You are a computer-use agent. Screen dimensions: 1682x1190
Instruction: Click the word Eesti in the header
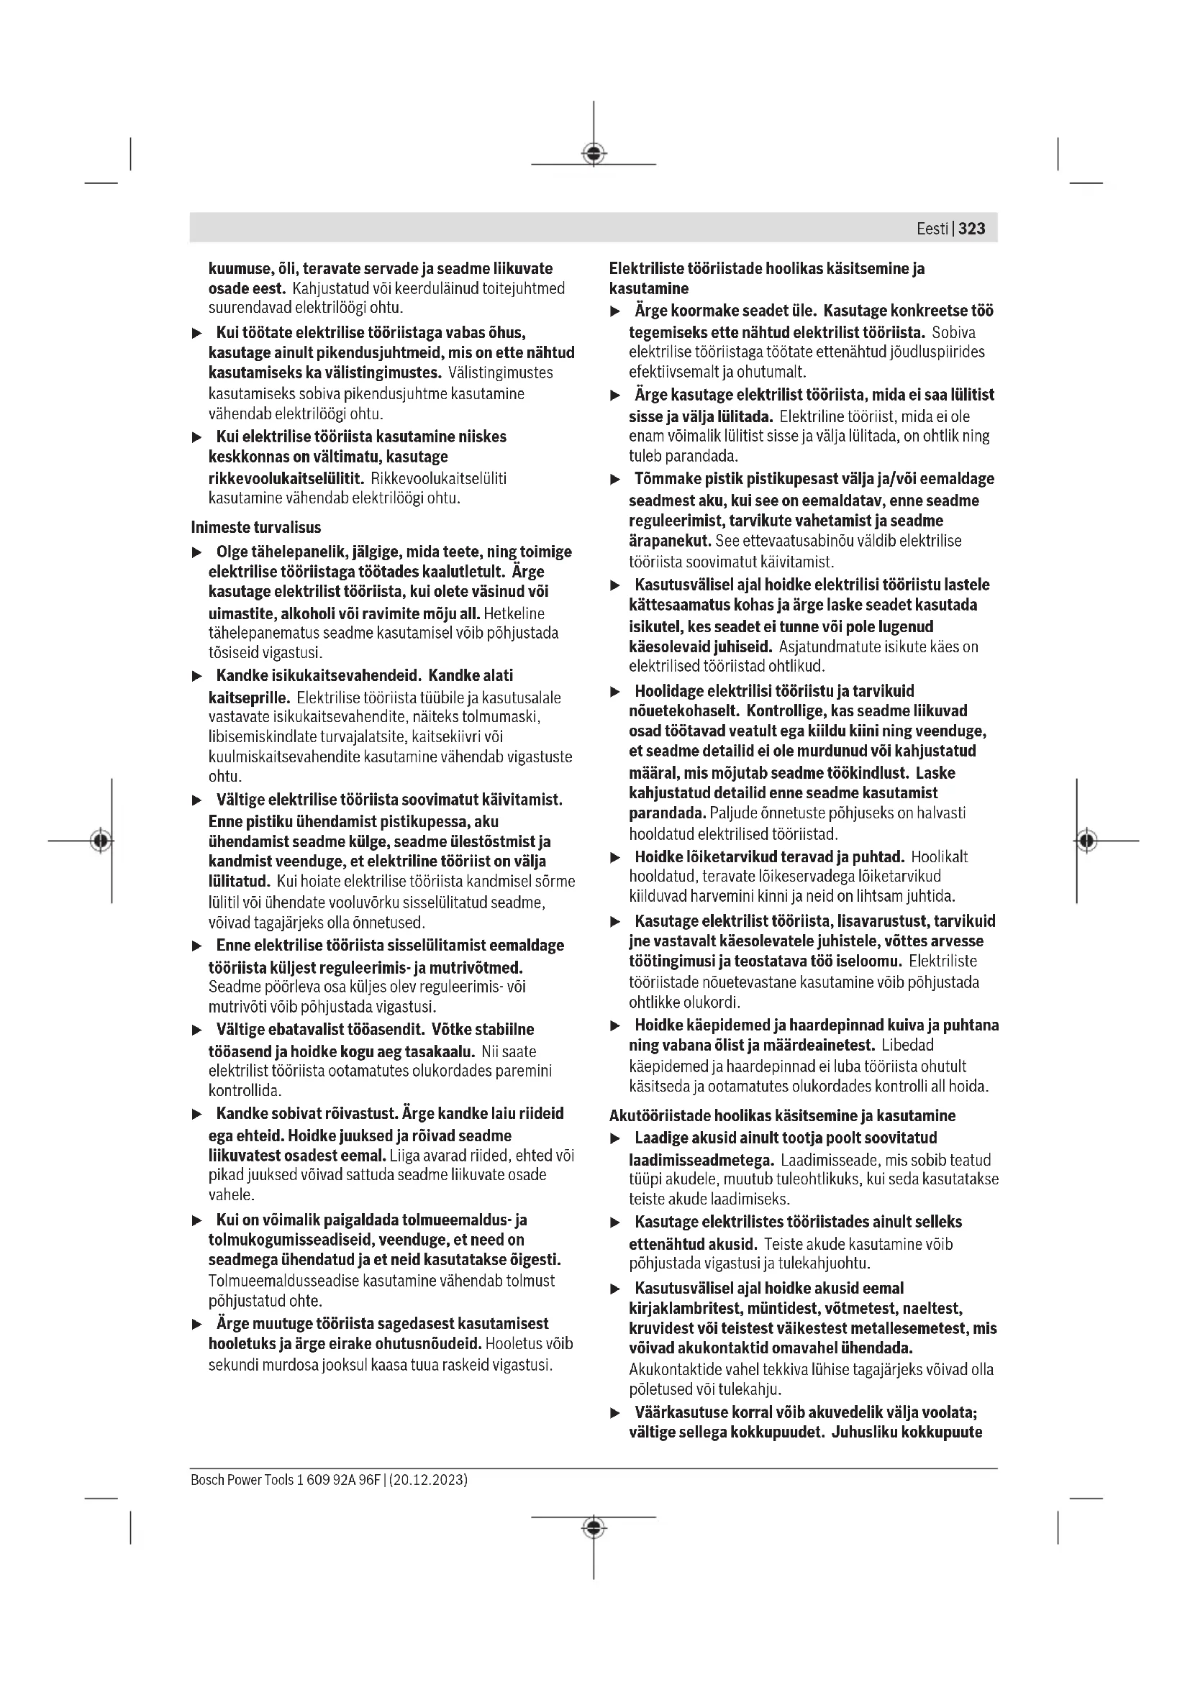(x=932, y=229)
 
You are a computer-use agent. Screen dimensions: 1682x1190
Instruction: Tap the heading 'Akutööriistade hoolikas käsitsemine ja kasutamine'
(x=783, y=1116)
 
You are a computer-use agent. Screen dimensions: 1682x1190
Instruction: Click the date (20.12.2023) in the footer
(x=429, y=1480)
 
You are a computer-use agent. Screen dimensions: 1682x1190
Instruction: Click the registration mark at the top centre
(x=594, y=154)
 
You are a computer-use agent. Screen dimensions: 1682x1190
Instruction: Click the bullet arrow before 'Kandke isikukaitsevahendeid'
(x=196, y=676)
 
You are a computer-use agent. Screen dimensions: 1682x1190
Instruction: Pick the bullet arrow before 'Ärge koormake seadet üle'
(x=616, y=311)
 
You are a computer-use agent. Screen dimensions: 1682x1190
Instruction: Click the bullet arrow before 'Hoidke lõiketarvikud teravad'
(x=616, y=857)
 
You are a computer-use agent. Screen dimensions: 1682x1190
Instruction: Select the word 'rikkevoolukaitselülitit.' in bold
(x=286, y=478)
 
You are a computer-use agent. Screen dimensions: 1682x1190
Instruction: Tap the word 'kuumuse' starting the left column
(x=234, y=269)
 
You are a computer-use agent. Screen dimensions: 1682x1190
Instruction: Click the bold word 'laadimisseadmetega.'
(x=701, y=1160)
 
